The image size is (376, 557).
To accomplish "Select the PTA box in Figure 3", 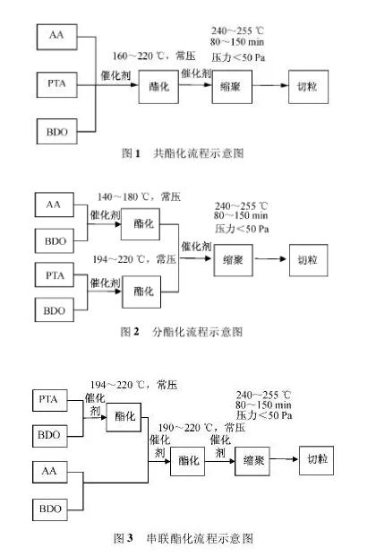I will pyautogui.click(x=56, y=397).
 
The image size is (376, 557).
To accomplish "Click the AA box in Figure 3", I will pyautogui.click(x=56, y=469).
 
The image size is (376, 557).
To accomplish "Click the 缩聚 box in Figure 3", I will pyautogui.click(x=253, y=461).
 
